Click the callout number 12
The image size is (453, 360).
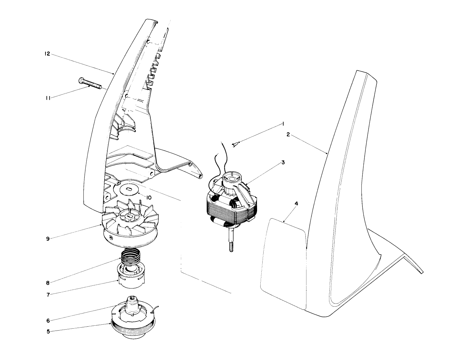pos(47,54)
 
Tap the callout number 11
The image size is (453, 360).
pos(48,97)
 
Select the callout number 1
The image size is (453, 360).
pos(283,124)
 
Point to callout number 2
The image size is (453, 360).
pos(288,135)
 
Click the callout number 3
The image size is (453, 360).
pos(283,162)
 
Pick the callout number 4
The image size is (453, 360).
pos(296,203)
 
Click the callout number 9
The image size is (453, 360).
pos(48,239)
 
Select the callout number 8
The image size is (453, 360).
pos(48,283)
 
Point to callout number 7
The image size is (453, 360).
pos(48,295)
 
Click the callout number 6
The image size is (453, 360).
pos(48,320)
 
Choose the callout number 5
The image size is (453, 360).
pos(48,331)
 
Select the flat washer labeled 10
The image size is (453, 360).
pos(130,189)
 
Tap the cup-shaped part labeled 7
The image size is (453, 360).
pos(131,277)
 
